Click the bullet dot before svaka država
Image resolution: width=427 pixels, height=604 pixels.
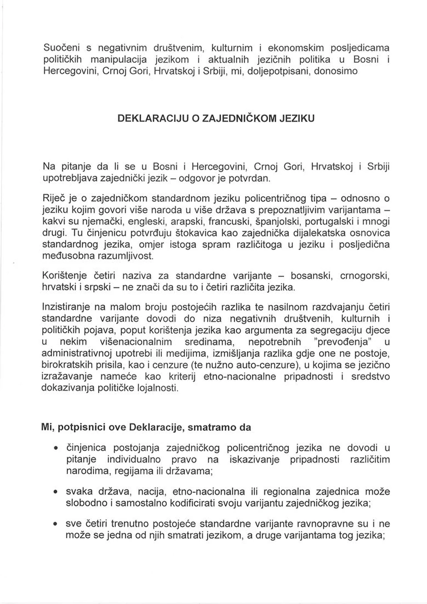[55, 493]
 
